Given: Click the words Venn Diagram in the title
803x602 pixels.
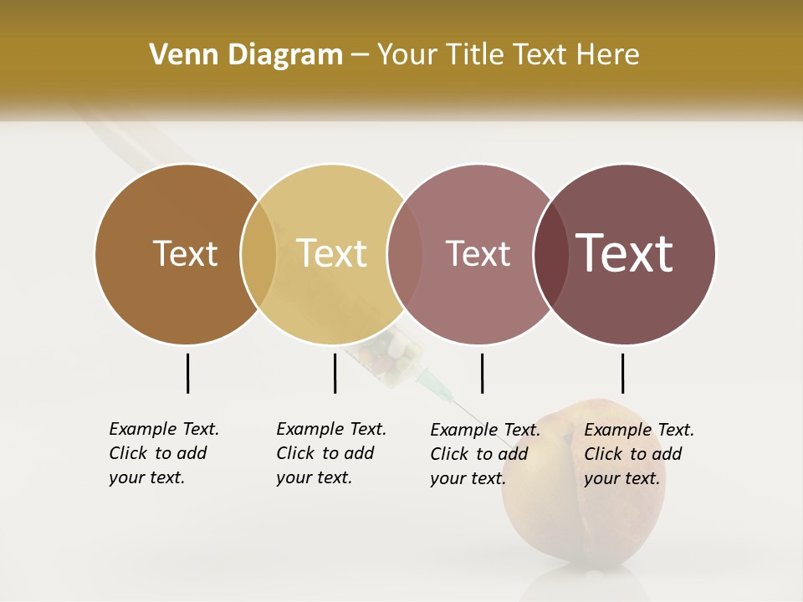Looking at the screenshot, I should coord(246,55).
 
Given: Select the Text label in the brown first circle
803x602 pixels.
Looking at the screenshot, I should coord(185,253).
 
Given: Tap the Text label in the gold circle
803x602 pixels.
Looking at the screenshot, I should coord(331,253).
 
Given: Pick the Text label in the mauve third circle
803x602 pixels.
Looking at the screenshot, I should coord(478,253).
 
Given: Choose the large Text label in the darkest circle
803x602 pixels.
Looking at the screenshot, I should coord(624,253).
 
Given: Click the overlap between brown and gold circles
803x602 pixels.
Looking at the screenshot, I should coord(258,254).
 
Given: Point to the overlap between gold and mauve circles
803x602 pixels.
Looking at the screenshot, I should coord(405,254).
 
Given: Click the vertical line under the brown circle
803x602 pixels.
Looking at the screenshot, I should coord(187,373).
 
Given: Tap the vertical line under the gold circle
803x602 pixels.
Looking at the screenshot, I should coord(335,373).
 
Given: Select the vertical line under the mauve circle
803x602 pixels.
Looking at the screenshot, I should coord(482,373).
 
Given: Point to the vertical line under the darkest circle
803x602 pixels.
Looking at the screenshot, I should coord(622,373).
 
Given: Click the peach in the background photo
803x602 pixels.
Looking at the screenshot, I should coord(586,518).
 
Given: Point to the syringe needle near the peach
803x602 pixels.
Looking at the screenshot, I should coord(443,389).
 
